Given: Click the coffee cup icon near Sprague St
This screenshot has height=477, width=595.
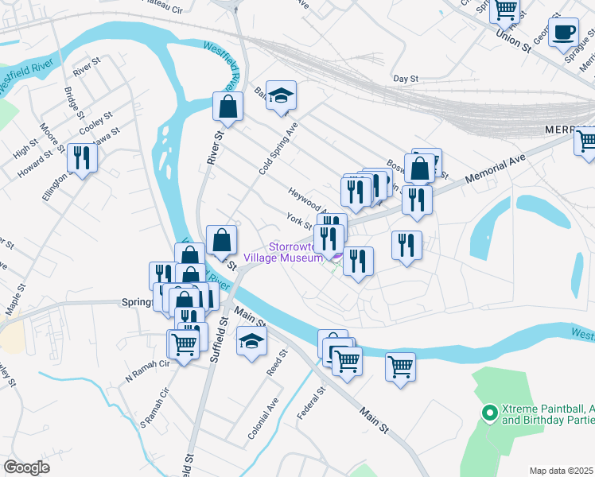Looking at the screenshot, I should coord(564,33).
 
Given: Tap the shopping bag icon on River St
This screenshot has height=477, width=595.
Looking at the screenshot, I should coord(227,107).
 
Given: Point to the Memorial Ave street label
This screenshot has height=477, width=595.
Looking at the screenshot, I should coord(497,168).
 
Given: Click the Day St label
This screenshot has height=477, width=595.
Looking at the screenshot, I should coord(406,79).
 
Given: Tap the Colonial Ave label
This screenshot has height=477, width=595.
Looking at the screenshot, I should coord(263,421).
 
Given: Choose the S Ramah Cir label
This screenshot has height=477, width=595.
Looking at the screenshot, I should coord(156,408).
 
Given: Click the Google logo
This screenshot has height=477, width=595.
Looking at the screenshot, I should coord(26,467).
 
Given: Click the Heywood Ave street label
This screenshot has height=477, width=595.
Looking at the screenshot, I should coord(305,194).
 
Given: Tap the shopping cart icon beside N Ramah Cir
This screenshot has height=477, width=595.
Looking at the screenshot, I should coord(184,345).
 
